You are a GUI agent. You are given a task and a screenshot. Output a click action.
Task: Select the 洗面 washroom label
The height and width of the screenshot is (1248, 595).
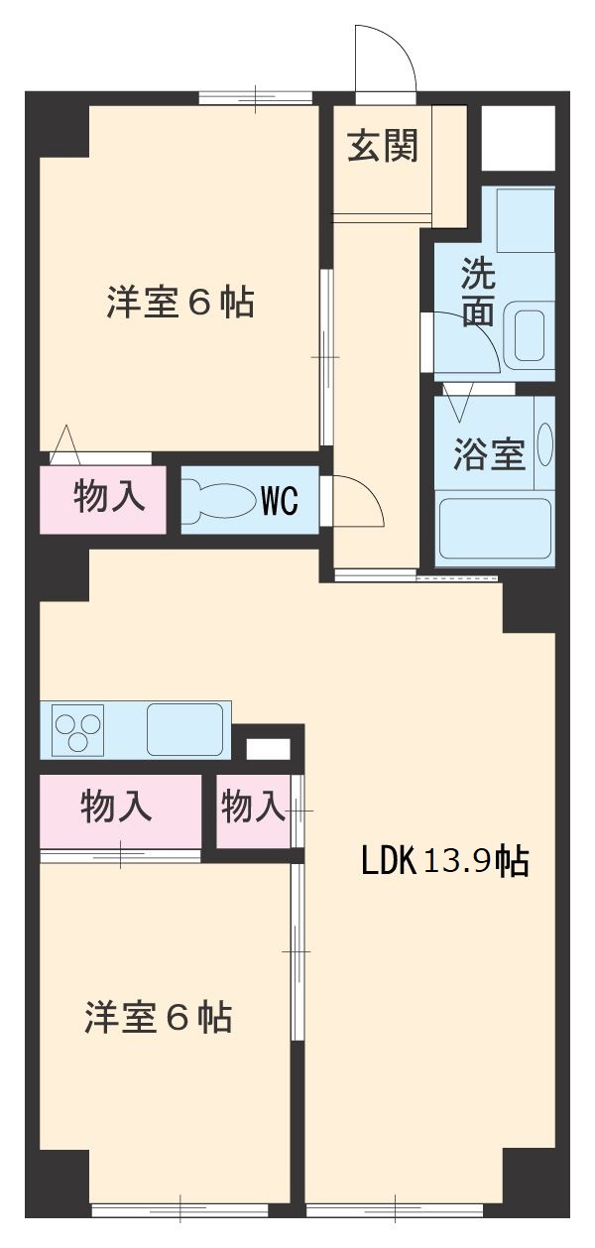point(477,294)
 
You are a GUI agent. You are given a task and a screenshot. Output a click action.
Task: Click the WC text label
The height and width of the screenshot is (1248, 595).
point(279,502)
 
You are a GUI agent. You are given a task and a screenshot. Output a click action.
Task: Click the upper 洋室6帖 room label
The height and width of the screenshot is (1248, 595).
point(180,302)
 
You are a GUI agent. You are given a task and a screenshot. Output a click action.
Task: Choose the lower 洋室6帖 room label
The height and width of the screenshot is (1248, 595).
point(159,1018)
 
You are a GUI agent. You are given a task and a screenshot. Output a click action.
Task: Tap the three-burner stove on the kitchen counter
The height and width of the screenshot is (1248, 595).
point(78,730)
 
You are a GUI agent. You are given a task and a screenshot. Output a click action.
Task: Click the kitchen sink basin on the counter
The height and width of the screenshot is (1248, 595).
point(185,730)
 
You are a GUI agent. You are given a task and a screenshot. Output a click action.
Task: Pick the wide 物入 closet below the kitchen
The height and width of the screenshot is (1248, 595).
point(116,808)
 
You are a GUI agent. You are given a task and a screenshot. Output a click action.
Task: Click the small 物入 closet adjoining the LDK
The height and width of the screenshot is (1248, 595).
point(252,808)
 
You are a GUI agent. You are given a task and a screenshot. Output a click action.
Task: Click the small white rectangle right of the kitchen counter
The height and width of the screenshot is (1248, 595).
point(268,749)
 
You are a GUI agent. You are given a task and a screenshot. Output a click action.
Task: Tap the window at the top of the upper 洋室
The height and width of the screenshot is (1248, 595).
point(255,97)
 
